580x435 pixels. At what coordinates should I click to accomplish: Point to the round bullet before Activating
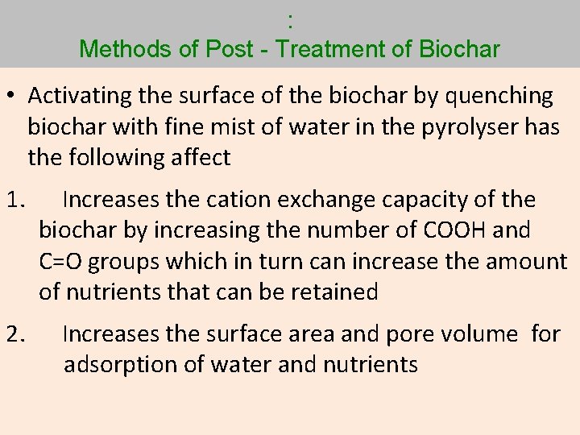pos(15,96)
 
